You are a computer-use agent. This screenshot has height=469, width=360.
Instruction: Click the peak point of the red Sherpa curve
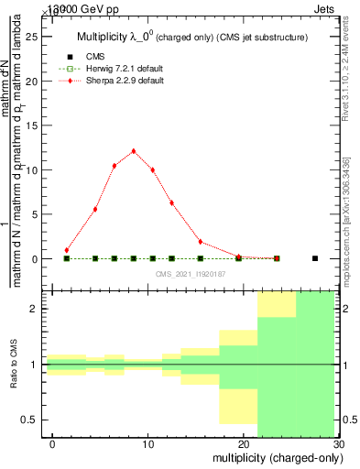[x=134, y=151]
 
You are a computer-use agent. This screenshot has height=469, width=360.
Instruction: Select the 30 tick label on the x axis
[x=339, y=443]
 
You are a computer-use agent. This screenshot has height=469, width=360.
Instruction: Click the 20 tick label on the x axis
[x=244, y=443]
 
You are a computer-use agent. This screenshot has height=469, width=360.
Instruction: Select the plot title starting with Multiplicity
[x=191, y=37]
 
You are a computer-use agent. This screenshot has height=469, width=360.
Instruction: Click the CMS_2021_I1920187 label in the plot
[x=191, y=273]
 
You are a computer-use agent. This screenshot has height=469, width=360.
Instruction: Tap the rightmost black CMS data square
[x=315, y=258]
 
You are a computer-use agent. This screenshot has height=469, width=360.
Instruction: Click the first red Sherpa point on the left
[x=67, y=250]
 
